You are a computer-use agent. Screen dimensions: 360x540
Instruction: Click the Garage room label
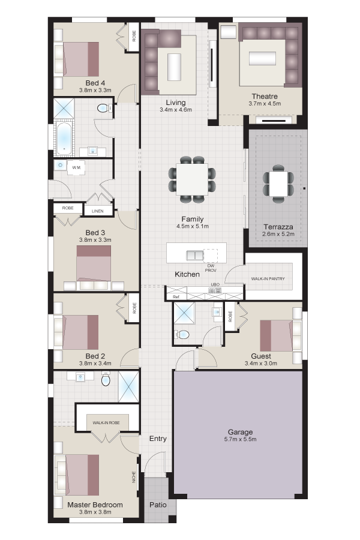(240, 432)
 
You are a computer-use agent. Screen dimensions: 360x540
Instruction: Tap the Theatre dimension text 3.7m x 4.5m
(265, 104)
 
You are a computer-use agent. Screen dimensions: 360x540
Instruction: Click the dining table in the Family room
(192, 179)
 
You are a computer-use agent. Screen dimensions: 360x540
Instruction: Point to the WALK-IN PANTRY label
(268, 278)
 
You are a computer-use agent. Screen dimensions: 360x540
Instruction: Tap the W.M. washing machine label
(76, 168)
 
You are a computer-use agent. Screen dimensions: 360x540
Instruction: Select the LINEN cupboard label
(97, 211)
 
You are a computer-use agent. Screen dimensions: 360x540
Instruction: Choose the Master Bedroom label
(95, 505)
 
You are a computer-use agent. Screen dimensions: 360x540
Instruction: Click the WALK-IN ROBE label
(106, 422)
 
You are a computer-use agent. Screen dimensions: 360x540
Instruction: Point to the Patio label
(158, 505)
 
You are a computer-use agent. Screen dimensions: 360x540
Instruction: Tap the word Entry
(158, 439)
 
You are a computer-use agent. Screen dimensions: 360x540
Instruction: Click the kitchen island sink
(195, 255)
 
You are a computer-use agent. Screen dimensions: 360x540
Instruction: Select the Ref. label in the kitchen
(176, 296)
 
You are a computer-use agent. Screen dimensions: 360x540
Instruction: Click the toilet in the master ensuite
(106, 379)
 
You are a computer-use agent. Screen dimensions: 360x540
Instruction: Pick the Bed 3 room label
(95, 233)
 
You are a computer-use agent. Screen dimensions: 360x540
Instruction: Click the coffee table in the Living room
(175, 67)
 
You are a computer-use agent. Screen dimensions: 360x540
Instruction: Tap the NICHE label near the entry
(134, 477)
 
